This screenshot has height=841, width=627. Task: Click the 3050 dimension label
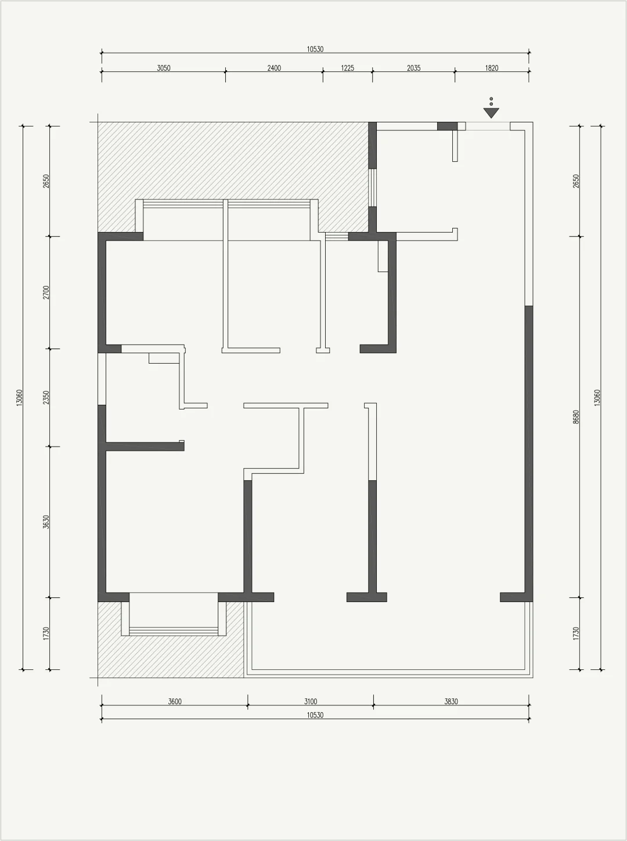tap(164, 68)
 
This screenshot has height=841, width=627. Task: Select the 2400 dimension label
tap(274, 68)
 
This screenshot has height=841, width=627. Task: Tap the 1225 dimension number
tap(347, 68)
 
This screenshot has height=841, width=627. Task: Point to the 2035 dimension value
tap(414, 68)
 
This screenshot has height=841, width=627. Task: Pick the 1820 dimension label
tap(492, 68)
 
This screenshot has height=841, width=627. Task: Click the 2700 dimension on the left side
tap(46, 292)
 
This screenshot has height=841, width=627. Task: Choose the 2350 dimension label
tap(46, 397)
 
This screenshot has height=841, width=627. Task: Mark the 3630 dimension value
tap(46, 522)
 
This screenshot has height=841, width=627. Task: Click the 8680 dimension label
tap(576, 416)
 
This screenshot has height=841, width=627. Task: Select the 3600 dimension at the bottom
tap(175, 701)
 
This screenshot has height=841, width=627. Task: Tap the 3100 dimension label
tap(311, 701)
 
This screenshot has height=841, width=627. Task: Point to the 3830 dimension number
tap(451, 701)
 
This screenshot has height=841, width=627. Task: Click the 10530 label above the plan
tap(315, 49)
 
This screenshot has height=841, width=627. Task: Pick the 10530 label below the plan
tap(315, 715)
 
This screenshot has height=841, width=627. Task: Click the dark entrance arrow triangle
tap(491, 113)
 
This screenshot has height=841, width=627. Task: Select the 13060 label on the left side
tap(19, 398)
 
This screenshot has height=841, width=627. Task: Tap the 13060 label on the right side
tap(597, 398)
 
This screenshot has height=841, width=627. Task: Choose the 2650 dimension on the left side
tap(46, 181)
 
